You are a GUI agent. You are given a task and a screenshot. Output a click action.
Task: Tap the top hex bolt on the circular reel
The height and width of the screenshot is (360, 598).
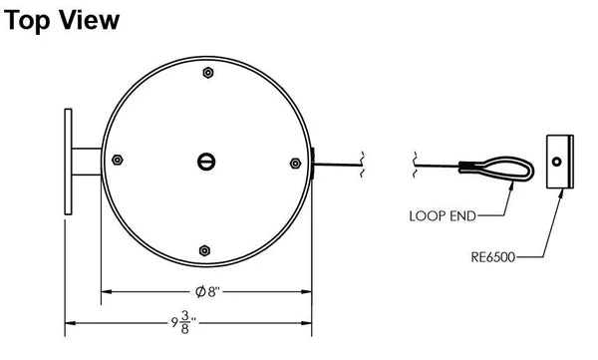(x=205, y=73)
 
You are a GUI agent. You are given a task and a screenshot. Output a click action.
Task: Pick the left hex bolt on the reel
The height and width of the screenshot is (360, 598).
(x=118, y=161)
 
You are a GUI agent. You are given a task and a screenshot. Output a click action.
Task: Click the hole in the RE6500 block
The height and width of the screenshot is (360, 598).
(x=558, y=161)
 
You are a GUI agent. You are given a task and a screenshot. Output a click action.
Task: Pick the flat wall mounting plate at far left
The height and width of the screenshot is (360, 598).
(x=68, y=162)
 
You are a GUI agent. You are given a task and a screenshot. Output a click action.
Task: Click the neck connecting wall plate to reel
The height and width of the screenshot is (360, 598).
(x=87, y=162)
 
